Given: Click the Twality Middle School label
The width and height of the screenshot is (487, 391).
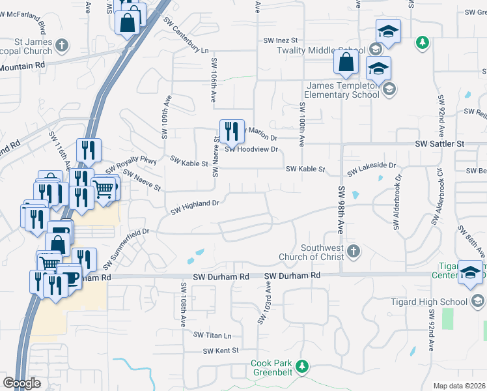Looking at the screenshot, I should click(x=320, y=50).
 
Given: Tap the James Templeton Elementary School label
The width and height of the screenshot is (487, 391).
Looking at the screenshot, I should click(x=342, y=90).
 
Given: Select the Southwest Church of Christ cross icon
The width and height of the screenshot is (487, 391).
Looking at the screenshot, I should click(x=353, y=251).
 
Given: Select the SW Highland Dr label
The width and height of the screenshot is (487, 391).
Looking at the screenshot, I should click(x=195, y=207).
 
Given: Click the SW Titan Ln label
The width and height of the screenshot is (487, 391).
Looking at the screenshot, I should click(x=212, y=335).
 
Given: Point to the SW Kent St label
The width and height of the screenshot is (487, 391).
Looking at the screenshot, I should click(x=217, y=351).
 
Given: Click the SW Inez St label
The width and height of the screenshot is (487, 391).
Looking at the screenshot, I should click(x=280, y=40).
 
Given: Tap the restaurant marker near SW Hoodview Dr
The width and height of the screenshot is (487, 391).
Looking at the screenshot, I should click(x=231, y=132).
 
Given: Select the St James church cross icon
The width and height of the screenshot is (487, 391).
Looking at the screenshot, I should click(x=62, y=46).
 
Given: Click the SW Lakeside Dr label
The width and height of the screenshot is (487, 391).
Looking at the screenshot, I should click(x=372, y=169).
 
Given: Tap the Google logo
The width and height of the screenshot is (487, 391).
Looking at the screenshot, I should click(x=21, y=383).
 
